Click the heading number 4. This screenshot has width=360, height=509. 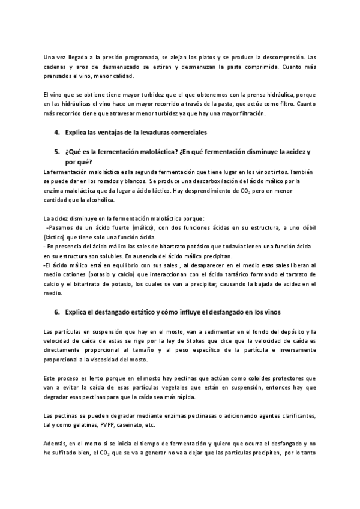pyautogui.click(x=56, y=131)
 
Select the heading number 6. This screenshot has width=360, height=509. pyautogui.click(x=56, y=312)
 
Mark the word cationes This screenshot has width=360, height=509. pyautogui.click(x=84, y=274)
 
